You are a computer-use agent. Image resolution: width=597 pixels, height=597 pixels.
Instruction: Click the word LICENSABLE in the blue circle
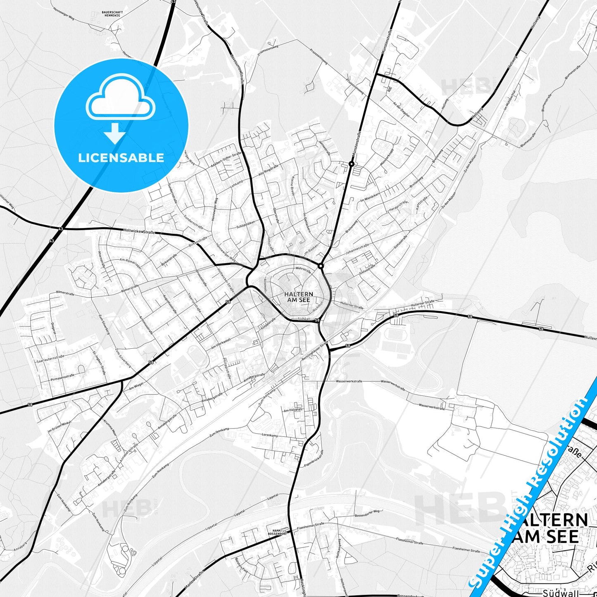[x=121, y=157]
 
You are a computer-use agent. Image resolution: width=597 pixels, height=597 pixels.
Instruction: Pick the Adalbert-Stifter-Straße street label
[x=226, y=160]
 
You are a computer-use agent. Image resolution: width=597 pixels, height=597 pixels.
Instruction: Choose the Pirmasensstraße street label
[x=62, y=376]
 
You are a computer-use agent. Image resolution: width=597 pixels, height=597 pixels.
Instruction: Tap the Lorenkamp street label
[x=270, y=435]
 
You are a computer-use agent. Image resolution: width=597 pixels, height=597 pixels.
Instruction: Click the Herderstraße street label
[x=399, y=205]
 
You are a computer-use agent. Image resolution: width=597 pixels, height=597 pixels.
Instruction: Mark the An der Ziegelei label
[x=402, y=110]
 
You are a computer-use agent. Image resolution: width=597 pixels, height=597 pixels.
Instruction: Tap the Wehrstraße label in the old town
[x=303, y=269]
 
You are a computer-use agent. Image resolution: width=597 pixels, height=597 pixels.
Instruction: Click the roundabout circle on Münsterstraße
[x=351, y=164]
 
